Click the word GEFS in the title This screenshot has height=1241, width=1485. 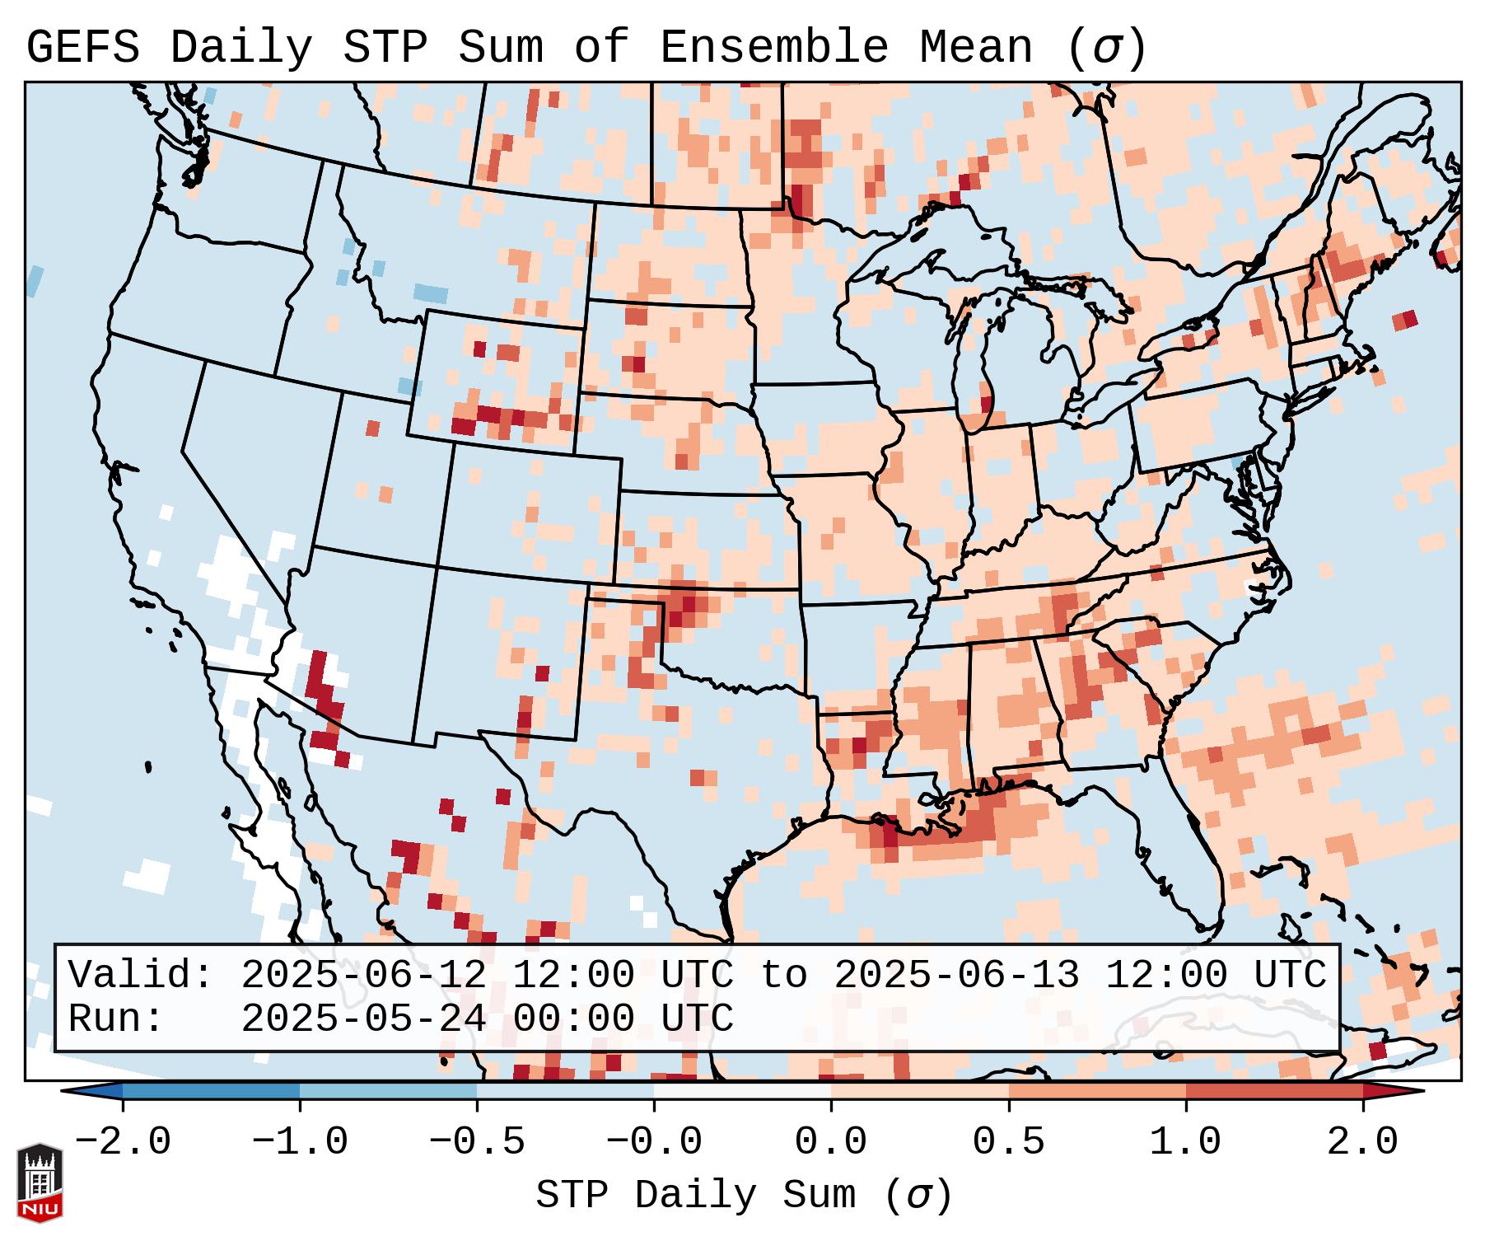[82, 48]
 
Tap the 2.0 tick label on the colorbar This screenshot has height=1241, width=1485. [1363, 1142]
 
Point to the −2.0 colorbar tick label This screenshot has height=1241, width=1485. [123, 1142]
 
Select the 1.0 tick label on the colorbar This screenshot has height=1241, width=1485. [1185, 1142]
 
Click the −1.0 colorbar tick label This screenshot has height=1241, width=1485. [300, 1142]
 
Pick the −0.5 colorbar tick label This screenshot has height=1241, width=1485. [477, 1142]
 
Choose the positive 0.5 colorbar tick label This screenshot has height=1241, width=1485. [1008, 1142]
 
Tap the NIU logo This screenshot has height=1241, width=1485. [40, 1182]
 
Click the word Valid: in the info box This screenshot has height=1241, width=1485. [141, 976]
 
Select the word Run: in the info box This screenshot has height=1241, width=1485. [116, 1019]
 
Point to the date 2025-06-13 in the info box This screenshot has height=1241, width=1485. [956, 976]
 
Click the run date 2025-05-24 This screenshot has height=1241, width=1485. [363, 1019]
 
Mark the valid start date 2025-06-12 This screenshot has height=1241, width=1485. [363, 976]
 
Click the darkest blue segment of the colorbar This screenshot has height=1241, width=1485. [211, 1091]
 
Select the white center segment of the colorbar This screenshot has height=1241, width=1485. [742, 1091]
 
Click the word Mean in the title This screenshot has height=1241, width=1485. [976, 48]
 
